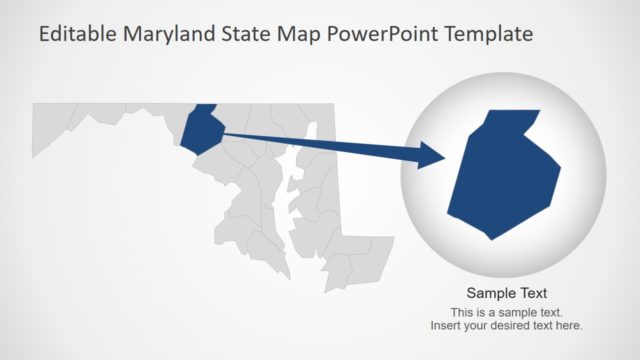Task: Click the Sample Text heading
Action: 507,293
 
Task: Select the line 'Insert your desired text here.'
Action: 507,326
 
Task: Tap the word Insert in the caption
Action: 446,326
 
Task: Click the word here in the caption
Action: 569,326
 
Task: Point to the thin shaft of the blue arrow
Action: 320,142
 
